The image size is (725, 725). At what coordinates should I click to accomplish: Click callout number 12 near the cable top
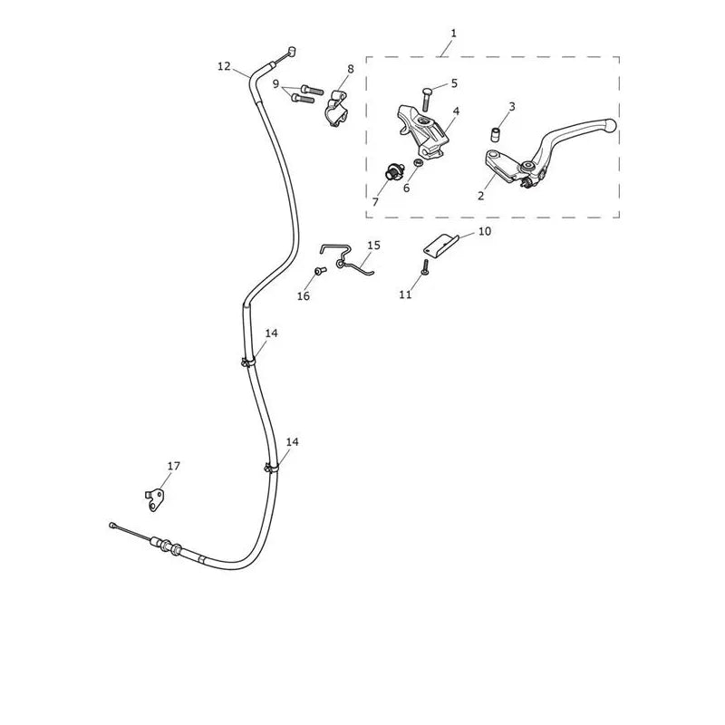coord(224,66)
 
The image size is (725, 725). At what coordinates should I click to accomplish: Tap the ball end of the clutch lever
coord(611,124)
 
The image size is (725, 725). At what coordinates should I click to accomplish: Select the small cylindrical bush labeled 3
coord(496,134)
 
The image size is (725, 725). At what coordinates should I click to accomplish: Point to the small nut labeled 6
coord(419,162)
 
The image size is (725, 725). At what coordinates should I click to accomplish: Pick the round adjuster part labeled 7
coord(393,171)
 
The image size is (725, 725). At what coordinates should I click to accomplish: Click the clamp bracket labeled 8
coord(337,109)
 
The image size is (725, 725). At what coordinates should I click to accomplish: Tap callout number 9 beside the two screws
coord(276,84)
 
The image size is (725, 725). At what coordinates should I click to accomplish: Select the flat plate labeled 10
coord(441,245)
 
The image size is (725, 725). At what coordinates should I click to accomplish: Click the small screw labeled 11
coord(425,266)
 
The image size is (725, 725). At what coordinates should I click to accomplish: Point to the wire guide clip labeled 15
coord(347,260)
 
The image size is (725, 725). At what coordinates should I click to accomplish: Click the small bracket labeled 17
coord(155,500)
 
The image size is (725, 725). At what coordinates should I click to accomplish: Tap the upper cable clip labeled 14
coord(248,362)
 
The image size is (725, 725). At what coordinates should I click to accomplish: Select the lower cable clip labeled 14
coord(272,469)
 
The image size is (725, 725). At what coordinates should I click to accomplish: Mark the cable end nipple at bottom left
coord(112,525)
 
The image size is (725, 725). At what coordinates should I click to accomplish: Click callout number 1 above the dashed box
coord(454,34)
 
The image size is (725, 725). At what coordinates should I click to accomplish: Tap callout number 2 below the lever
coord(481,196)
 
